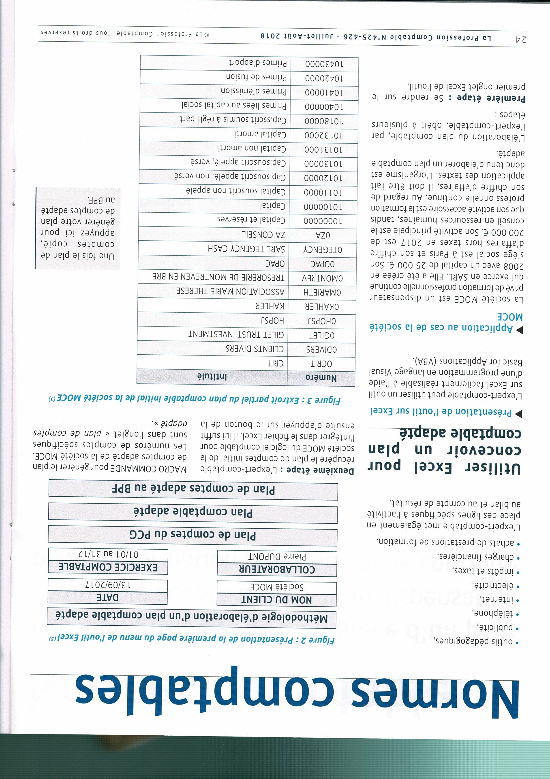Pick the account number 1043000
coord(324,64)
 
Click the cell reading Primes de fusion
coord(257,77)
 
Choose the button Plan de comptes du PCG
coord(193,535)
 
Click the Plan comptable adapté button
coord(193,513)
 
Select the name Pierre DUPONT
coord(277,557)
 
